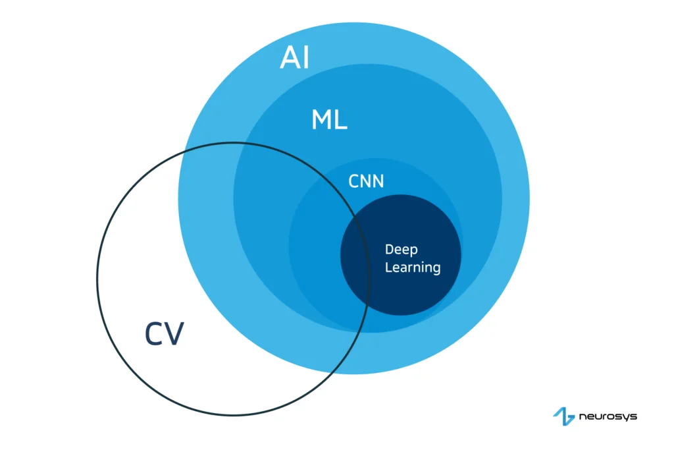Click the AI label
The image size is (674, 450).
[294, 58]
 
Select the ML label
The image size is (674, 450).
[329, 120]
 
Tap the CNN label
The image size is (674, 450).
[366, 181]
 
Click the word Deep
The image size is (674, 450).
[401, 250]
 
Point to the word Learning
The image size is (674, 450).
[413, 267]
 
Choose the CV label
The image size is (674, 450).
[165, 334]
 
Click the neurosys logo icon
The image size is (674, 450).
[563, 416]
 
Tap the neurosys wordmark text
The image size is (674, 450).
[608, 416]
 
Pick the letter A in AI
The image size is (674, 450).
[289, 58]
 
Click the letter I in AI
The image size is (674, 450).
[305, 58]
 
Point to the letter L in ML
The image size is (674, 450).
[341, 120]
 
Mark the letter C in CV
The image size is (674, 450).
[155, 334]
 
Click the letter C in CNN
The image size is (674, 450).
[353, 181]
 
